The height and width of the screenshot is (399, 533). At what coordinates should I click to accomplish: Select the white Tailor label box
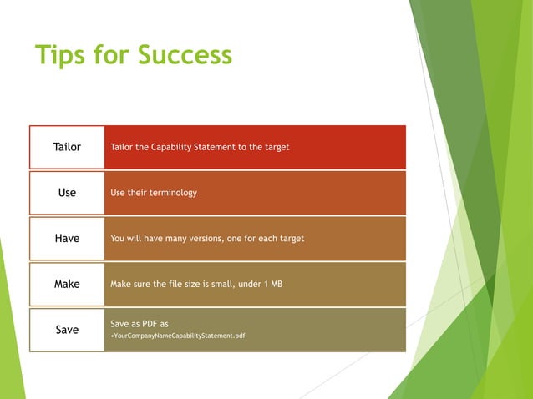point(67,147)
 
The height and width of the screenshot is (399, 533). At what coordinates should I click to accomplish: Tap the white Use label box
point(67,193)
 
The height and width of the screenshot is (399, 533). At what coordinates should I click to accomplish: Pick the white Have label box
point(67,239)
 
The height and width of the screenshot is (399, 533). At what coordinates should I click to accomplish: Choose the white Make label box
point(67,284)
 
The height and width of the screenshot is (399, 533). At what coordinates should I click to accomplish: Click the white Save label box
point(67,330)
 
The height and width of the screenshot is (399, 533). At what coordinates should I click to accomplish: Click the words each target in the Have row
point(280,239)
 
